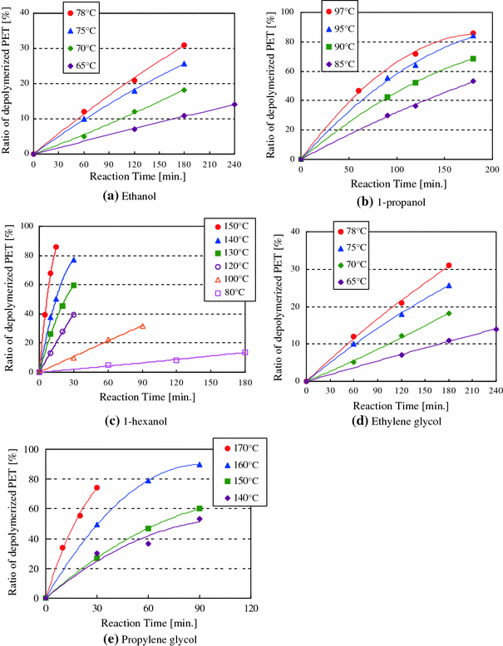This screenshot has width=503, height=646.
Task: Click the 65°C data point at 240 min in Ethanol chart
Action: pos(234,105)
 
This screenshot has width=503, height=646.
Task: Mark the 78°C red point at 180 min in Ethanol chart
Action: pos(184,46)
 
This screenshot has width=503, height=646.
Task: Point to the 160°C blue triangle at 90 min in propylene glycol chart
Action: pos(200,464)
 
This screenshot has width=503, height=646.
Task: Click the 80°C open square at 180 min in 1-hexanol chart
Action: pos(245,353)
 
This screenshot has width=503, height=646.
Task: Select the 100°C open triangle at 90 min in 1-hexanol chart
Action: pos(143,326)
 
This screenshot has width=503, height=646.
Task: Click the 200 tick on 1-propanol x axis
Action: pos(492,169)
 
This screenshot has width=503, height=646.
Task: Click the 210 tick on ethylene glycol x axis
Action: pos(472,391)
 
